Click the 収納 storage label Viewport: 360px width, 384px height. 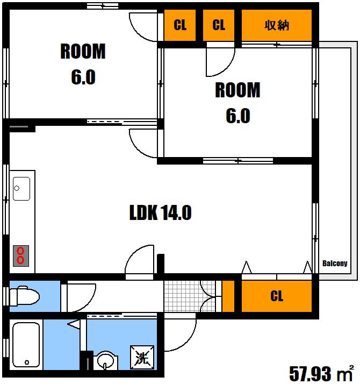[277, 25]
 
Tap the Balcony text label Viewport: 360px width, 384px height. [335, 264]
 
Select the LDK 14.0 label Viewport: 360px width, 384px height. [160, 212]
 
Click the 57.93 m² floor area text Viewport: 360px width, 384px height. [321, 373]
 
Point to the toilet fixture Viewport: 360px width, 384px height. [24, 296]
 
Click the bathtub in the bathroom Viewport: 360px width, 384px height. [26, 345]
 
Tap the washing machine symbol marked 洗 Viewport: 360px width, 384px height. [142, 357]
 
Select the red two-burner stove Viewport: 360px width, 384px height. [21, 255]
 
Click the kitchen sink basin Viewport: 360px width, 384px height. [21, 189]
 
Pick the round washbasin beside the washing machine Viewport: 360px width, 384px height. [105, 360]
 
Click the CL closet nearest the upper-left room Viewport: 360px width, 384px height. [180, 25]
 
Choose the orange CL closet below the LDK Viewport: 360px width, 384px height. [277, 296]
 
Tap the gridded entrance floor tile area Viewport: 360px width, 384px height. [190, 296]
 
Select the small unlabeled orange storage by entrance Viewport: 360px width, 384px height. [228, 296]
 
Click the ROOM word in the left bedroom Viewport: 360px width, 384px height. [83, 51]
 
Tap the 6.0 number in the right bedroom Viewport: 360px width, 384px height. [238, 116]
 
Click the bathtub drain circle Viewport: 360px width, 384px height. [27, 362]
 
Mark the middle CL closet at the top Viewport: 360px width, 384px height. [219, 25]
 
